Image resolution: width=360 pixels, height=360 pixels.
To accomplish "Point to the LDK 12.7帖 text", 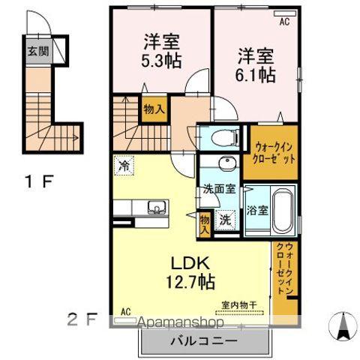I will pyautogui.click(x=191, y=273).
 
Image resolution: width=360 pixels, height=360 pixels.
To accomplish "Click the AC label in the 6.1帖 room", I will pyautogui.click(x=284, y=23).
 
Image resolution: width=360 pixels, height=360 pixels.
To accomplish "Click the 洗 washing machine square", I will pyautogui.click(x=224, y=220).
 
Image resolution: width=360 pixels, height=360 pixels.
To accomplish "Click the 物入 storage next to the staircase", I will pyautogui.click(x=154, y=109).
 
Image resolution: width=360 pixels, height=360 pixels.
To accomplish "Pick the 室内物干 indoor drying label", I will pyautogui.click(x=238, y=304).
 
